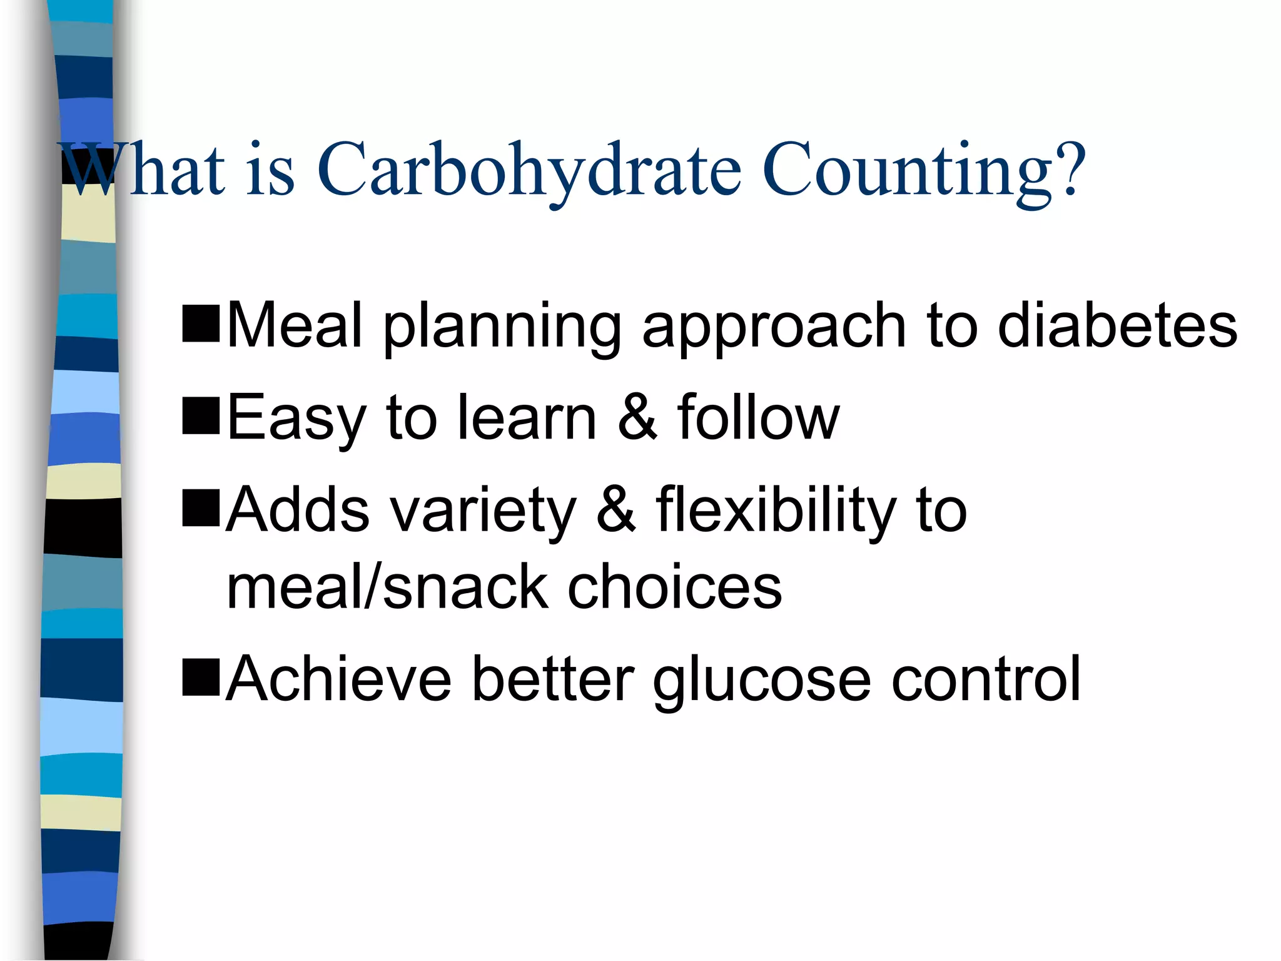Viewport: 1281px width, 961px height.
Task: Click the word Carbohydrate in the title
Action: pyautogui.click(x=529, y=170)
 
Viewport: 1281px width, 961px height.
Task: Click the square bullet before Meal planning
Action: pyautogui.click(x=201, y=323)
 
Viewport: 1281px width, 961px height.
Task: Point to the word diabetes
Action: pyautogui.click(x=1117, y=325)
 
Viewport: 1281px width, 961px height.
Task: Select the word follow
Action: pyautogui.click(x=758, y=417)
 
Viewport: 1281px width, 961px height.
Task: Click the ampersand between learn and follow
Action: pyautogui.click(x=638, y=417)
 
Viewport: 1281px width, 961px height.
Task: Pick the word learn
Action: pyautogui.click(x=527, y=417)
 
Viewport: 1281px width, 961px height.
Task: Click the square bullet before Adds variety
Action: pyautogui.click(x=201, y=508)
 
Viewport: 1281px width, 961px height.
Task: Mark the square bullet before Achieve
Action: pyautogui.click(x=201, y=677)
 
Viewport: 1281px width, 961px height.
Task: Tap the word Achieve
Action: pyautogui.click(x=338, y=678)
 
